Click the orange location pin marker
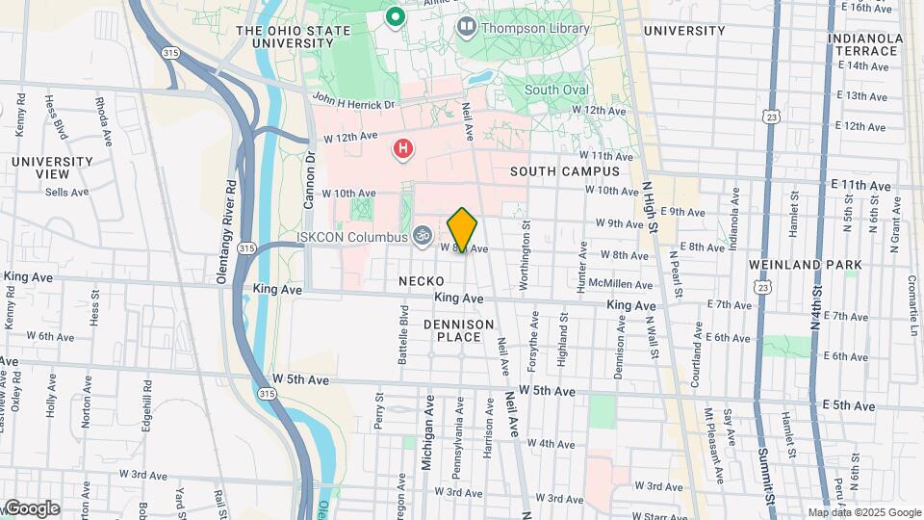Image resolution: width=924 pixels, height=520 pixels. click(x=462, y=229)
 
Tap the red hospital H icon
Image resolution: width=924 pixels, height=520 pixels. click(x=403, y=149)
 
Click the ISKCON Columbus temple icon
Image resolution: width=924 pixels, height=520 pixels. click(x=422, y=234)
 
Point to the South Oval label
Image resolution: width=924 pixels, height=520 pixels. click(x=556, y=90)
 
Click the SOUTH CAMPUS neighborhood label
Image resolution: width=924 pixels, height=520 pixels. click(x=565, y=171)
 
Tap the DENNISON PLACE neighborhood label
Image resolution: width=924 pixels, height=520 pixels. click(x=458, y=330)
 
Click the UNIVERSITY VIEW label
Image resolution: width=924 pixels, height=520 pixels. click(x=40, y=168)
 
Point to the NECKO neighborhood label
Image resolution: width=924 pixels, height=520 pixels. click(x=419, y=280)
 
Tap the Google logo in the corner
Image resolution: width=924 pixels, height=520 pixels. click(x=32, y=507)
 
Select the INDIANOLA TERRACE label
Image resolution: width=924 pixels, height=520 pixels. click(x=864, y=45)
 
